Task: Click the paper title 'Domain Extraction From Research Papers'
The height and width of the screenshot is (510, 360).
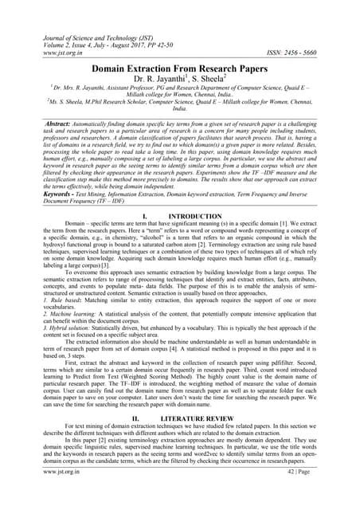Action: [180, 70]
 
